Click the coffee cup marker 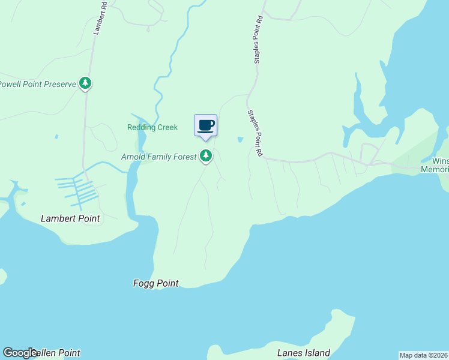pos(205,125)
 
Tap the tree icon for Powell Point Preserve pos(85,83)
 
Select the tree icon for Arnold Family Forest pos(206,156)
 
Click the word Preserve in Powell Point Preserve pos(59,84)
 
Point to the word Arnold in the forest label pos(133,157)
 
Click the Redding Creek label pos(152,127)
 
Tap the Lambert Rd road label pos(100,18)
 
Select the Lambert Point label pos(70,218)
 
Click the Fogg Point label pos(155,283)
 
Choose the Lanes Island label pos(303,353)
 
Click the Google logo pos(20,353)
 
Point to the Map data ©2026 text pos(423,355)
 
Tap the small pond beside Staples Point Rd pos(240,140)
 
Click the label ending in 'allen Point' pos(57,353)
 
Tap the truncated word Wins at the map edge pos(440,161)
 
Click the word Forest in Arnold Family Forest pos(184,157)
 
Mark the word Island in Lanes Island pos(316,353)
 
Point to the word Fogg pos(143,283)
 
